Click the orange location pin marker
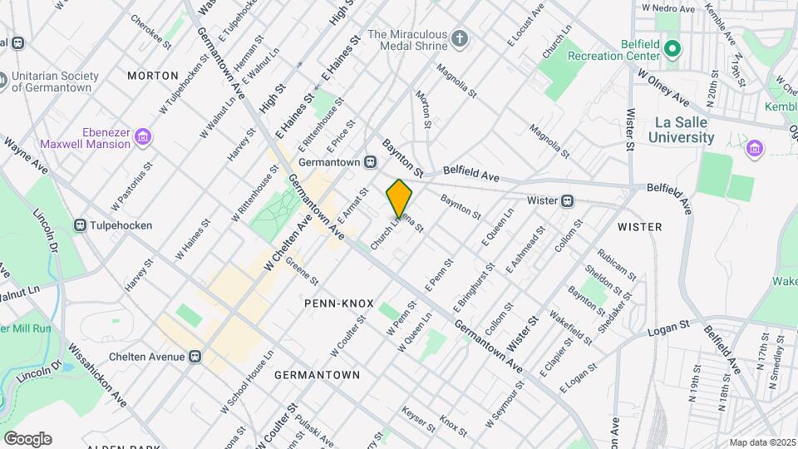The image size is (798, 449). [399, 199]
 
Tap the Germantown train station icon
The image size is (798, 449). [372, 163]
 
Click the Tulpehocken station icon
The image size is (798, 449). [81, 224]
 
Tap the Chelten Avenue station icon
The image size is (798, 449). [195, 357]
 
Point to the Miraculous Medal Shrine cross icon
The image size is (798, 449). [460, 38]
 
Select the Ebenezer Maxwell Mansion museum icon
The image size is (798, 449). [143, 136]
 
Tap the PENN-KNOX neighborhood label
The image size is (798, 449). [339, 303]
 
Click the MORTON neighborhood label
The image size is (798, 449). [153, 76]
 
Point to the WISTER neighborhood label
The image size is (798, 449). [640, 226]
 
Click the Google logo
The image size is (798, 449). [27, 439]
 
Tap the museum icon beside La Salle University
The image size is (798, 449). [755, 148]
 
